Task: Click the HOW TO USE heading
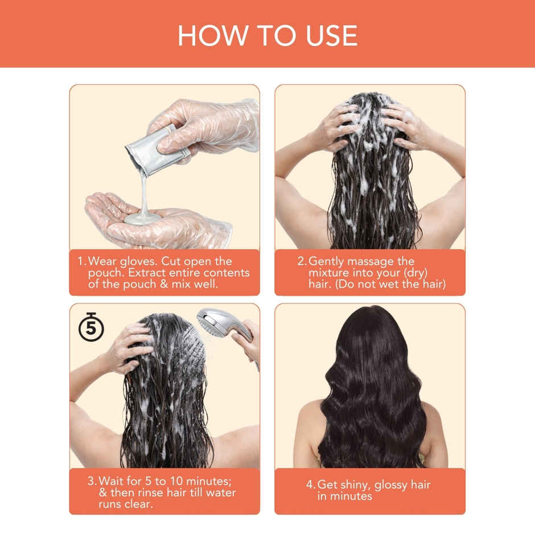(267, 35)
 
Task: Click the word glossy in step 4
(404, 485)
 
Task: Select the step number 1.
(81, 261)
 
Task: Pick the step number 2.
(302, 261)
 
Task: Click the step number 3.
(92, 481)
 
